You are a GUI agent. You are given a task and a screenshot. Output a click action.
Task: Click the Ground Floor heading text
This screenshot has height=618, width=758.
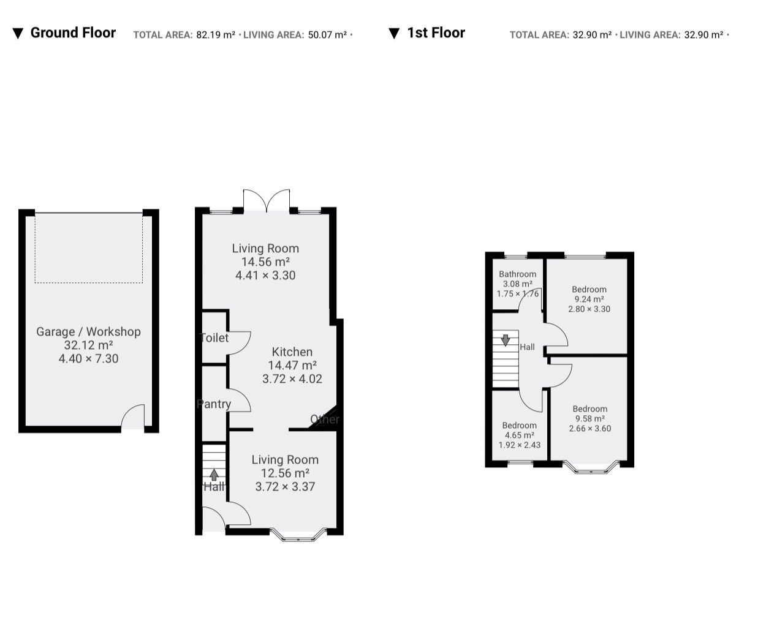(73, 32)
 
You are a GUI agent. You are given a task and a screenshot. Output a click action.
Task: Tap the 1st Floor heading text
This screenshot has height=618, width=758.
(436, 32)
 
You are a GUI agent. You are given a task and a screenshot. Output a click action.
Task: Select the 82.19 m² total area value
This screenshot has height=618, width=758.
(216, 35)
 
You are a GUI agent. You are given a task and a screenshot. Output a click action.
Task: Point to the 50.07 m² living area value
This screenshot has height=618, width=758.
(327, 35)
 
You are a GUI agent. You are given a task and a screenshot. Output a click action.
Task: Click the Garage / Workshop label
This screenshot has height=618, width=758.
(88, 331)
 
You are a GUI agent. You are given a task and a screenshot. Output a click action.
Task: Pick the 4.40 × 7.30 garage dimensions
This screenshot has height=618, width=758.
(88, 358)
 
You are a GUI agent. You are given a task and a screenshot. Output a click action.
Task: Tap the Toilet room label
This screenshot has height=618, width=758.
(214, 337)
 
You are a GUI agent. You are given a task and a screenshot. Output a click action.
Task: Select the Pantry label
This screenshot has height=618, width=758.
(214, 404)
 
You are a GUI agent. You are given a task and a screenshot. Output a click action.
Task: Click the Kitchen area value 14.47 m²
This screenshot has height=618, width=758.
(292, 366)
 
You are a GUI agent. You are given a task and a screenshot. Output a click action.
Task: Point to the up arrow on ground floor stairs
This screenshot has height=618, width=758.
(214, 475)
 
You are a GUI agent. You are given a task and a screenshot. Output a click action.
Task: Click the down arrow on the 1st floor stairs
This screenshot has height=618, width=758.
(506, 341)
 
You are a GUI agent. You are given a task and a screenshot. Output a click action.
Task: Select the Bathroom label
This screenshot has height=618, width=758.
(518, 274)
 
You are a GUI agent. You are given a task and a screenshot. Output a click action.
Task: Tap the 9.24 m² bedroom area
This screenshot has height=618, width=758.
(589, 300)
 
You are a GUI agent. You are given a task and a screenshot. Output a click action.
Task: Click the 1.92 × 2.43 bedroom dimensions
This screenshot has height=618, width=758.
(520, 445)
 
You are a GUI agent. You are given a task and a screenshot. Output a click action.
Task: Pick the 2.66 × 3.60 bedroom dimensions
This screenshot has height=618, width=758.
(590, 428)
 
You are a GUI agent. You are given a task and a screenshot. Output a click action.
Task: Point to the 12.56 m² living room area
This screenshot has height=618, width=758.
(285, 473)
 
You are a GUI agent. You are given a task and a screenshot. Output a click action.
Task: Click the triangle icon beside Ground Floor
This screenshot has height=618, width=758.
(18, 34)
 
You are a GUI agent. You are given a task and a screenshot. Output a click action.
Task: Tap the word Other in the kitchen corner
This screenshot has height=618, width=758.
(325, 420)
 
